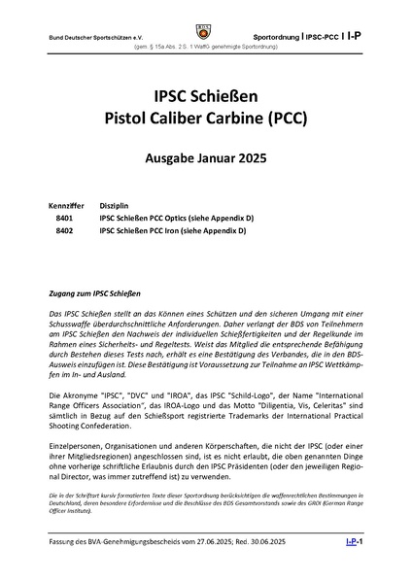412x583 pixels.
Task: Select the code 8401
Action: [66, 220]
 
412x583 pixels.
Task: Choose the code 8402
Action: [66, 233]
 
